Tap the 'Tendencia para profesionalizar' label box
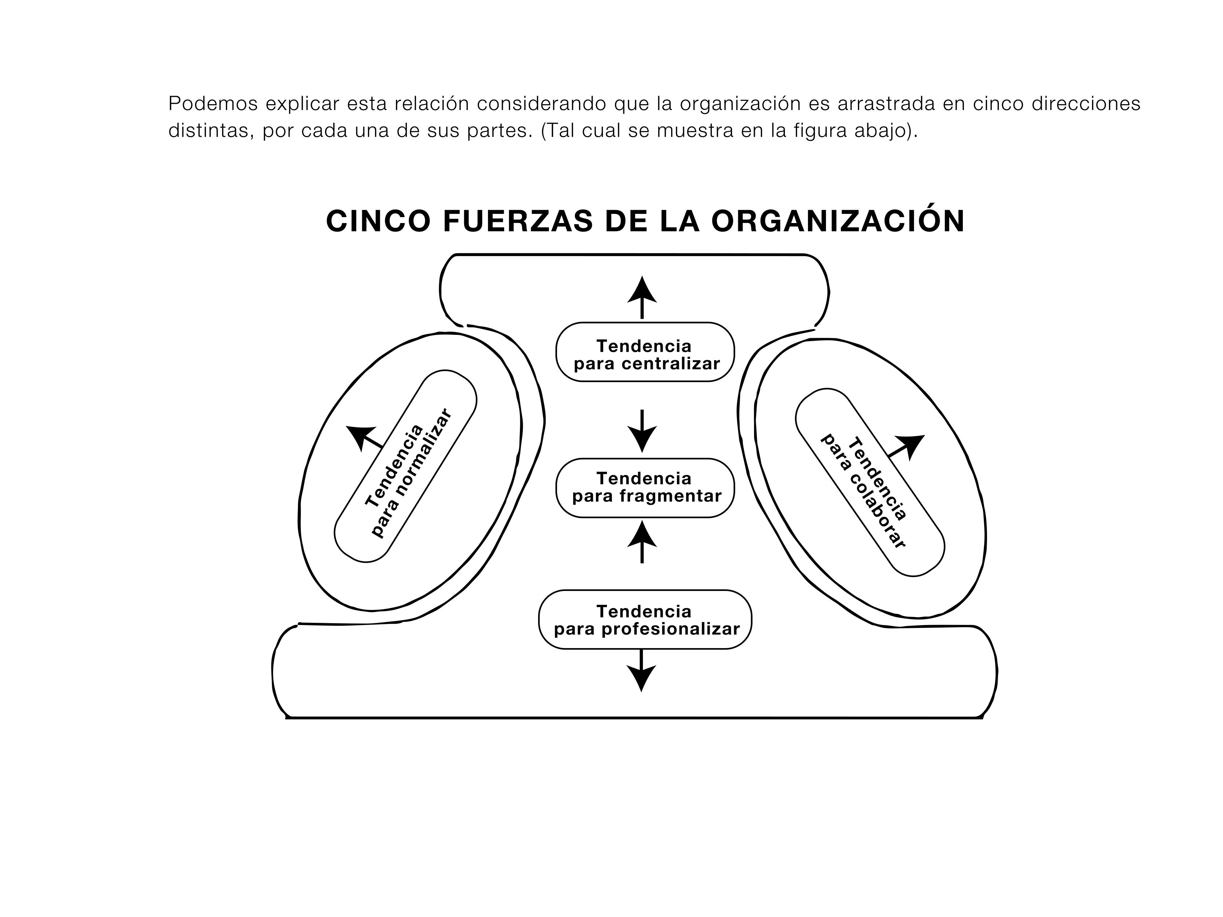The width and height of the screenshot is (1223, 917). pyautogui.click(x=645, y=620)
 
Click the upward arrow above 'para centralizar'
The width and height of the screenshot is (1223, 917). pyautogui.click(x=642, y=297)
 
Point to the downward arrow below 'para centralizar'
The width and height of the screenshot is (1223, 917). pyautogui.click(x=642, y=431)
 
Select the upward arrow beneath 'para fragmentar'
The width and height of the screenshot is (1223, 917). pyautogui.click(x=642, y=542)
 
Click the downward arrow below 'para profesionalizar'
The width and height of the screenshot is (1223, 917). pyautogui.click(x=641, y=671)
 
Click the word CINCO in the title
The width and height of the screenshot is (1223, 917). pyautogui.click(x=378, y=221)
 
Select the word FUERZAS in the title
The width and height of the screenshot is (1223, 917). pyautogui.click(x=518, y=221)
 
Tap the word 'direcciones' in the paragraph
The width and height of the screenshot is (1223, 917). pyautogui.click(x=1086, y=103)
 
